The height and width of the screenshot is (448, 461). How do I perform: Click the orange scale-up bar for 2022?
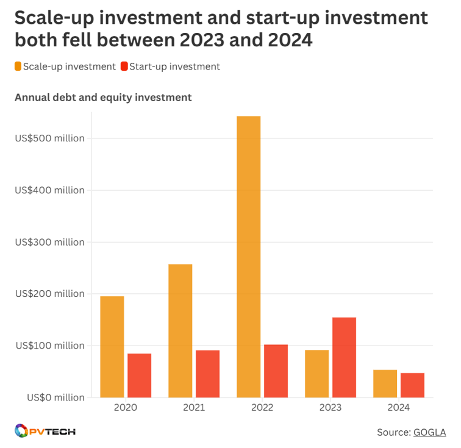248,256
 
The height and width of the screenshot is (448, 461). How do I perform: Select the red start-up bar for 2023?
344,357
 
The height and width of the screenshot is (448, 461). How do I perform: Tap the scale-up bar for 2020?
112,346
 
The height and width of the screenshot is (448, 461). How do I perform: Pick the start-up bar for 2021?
207,374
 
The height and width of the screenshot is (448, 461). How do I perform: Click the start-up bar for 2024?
412,385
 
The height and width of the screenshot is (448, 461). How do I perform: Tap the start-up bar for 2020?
139,375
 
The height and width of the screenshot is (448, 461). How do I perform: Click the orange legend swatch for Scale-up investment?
18,66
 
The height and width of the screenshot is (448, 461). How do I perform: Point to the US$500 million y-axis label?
49,138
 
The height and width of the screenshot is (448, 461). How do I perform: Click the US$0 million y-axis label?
55,397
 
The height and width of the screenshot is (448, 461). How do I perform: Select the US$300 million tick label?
49,242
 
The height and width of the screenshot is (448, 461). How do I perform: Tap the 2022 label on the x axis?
262,408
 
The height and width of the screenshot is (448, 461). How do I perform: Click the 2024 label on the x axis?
398,408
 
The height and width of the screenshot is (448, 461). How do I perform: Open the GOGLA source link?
429,432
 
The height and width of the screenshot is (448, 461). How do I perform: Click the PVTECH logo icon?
21,431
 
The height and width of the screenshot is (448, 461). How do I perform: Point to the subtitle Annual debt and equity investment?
103,97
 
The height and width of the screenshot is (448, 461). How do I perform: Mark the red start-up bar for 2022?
276,371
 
